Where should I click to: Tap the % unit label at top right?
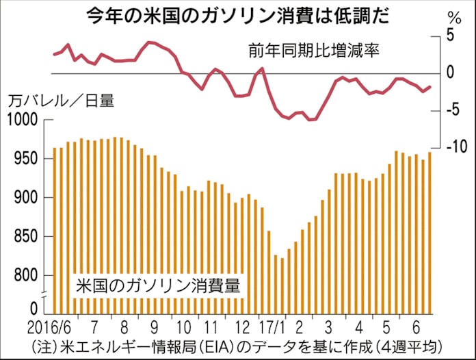(453, 17)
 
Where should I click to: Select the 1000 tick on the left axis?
(23, 120)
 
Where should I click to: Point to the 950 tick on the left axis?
(26, 159)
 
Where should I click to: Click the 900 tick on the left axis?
(26, 198)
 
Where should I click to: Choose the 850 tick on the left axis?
(26, 237)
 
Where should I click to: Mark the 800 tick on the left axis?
(26, 277)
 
